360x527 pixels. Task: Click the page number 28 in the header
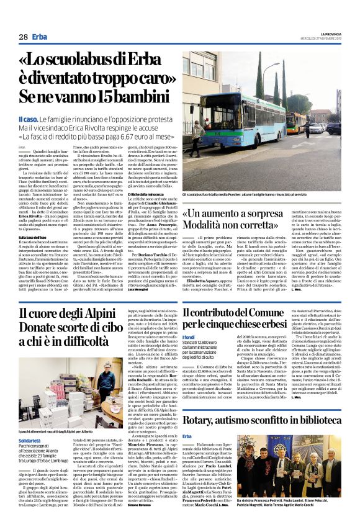pos(23,37)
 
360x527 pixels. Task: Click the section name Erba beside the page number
pos(40,37)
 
